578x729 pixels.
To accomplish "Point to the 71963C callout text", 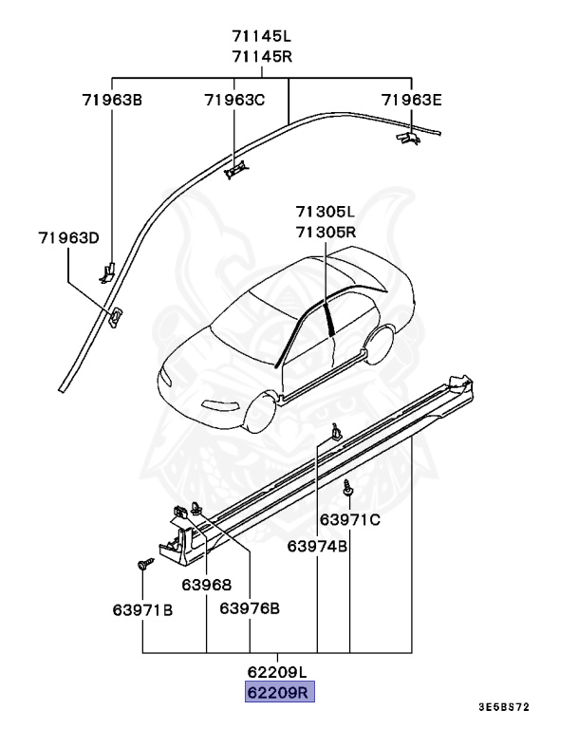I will (x=234, y=98).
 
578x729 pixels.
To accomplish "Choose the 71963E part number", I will (x=412, y=98).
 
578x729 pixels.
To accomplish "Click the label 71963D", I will (x=68, y=237).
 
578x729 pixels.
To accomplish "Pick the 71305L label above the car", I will (x=325, y=213).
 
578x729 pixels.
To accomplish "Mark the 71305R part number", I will (x=325, y=232).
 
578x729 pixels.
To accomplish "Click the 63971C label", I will (x=349, y=519).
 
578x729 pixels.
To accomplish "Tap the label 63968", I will (x=207, y=586).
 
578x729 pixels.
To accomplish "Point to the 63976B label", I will (x=249, y=608).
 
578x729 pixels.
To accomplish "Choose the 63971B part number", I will (x=142, y=608).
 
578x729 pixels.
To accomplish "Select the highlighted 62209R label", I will (x=279, y=692).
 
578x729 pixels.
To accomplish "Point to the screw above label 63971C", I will (x=348, y=489).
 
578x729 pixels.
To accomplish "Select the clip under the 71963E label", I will (x=407, y=139).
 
